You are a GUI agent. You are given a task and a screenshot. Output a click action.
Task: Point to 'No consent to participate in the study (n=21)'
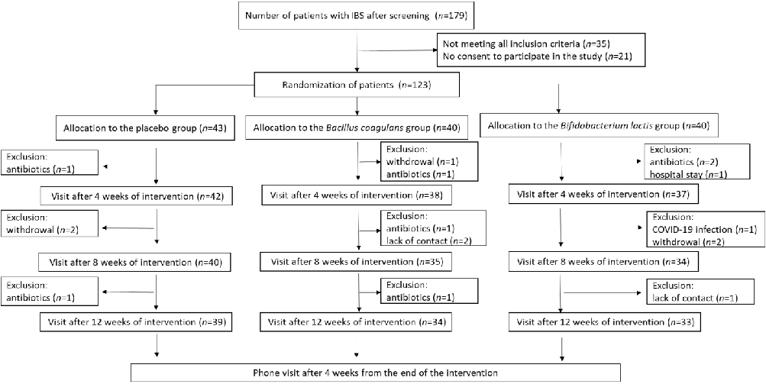[x=528, y=59]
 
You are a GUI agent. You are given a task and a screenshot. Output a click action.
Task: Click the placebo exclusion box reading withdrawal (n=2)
[x=50, y=225]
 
